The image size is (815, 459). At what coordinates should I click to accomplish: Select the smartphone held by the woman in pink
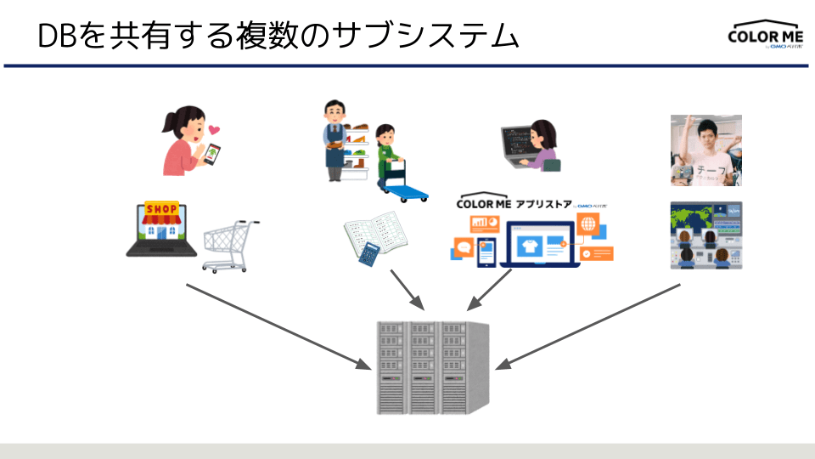(211, 154)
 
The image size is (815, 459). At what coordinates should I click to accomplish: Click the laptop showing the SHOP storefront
(161, 229)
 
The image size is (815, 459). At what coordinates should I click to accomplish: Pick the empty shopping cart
(230, 246)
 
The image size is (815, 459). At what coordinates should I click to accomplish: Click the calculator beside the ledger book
(371, 253)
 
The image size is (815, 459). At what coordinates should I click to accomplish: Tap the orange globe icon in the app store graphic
(588, 225)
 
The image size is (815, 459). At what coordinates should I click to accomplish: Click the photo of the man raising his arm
(705, 150)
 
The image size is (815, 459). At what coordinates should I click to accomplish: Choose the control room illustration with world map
(705, 235)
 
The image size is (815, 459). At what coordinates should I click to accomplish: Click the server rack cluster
(433, 367)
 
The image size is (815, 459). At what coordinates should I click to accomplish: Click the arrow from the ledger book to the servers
(407, 291)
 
